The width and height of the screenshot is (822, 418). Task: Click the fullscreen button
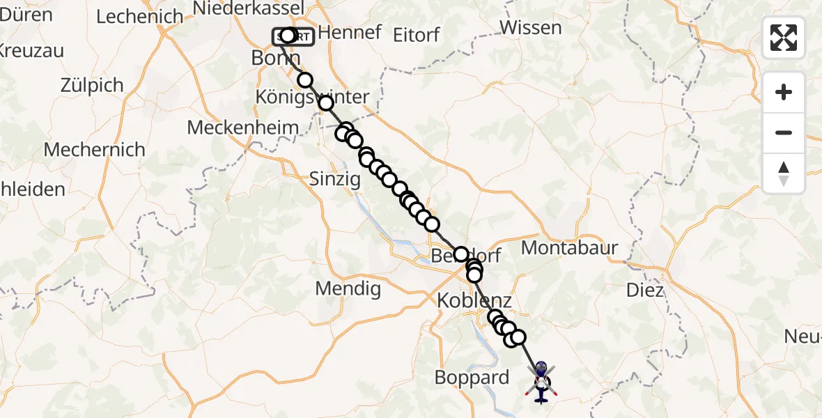(x=784, y=38)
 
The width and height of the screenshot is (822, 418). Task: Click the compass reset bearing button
(x=784, y=173)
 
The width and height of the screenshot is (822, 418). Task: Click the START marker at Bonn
(x=293, y=36)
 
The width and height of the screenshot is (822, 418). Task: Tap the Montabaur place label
(x=569, y=247)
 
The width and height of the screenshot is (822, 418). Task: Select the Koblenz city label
(x=474, y=301)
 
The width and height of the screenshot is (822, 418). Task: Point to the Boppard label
(x=472, y=378)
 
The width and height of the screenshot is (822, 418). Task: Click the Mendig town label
(x=348, y=288)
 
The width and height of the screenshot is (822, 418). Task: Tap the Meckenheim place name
(x=243, y=128)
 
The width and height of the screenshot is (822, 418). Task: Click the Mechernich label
(x=95, y=149)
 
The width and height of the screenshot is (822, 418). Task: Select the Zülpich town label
(x=92, y=86)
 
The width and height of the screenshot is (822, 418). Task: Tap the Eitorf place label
(x=417, y=34)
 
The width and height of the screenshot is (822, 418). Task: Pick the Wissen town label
(x=531, y=28)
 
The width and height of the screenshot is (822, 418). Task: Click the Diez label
(x=645, y=290)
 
